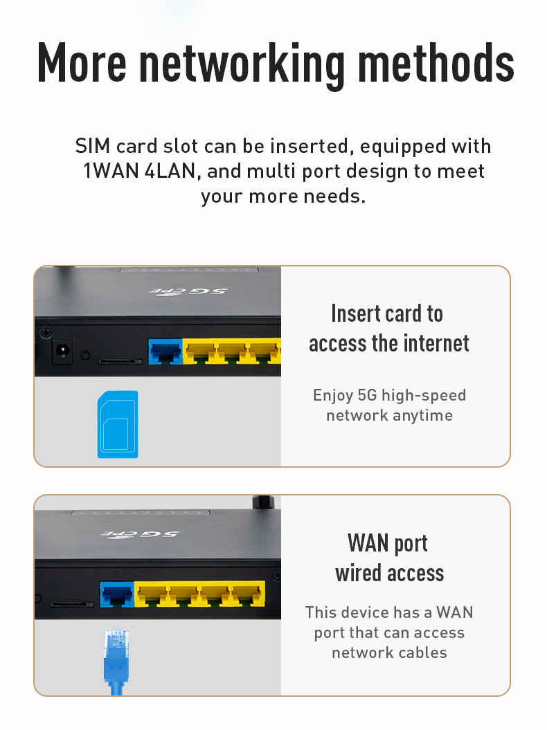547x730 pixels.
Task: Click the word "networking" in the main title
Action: pyautogui.click(x=242, y=64)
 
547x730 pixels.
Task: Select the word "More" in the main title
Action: pyautogui.click(x=81, y=64)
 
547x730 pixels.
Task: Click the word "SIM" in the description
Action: pyautogui.click(x=93, y=147)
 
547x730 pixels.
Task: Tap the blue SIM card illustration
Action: pyautogui.click(x=118, y=424)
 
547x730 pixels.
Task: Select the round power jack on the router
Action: pyautogui.click(x=63, y=352)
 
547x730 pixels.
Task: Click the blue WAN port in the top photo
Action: pyautogui.click(x=165, y=352)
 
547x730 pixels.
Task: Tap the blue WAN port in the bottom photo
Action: pyautogui.click(x=117, y=594)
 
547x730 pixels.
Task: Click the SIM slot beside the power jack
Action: pyautogui.click(x=119, y=361)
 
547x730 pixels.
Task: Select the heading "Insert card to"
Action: pyautogui.click(x=387, y=313)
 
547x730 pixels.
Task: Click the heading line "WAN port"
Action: pyautogui.click(x=388, y=543)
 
